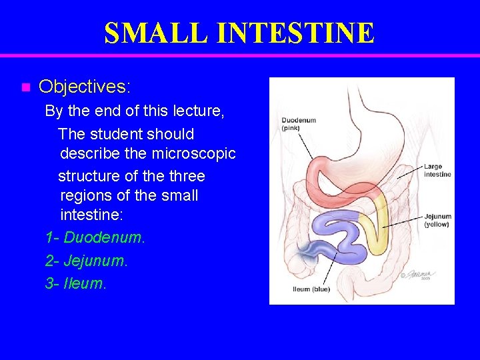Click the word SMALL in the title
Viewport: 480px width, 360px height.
point(149,33)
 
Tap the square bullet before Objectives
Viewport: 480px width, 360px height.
point(25,87)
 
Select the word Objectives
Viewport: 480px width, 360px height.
point(85,87)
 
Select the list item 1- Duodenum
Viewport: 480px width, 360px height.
point(95,237)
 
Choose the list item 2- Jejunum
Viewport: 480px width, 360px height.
point(86,261)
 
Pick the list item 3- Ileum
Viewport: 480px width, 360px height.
point(75,283)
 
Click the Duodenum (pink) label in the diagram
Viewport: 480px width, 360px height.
point(297,123)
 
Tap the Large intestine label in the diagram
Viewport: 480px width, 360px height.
point(437,170)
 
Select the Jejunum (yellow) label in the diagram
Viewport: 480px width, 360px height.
point(437,220)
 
